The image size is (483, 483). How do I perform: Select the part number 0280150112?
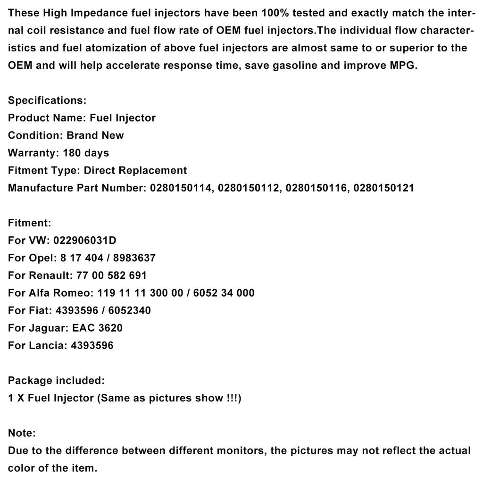248,188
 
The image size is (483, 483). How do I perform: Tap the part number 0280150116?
316,188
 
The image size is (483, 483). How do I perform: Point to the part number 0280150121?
383,188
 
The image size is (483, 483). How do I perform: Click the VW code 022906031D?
84,241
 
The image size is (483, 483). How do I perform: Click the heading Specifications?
47,100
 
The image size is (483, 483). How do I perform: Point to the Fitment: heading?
29,223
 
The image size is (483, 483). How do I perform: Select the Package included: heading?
56,380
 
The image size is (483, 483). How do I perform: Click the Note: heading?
22,433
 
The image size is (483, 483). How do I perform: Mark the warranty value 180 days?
86,153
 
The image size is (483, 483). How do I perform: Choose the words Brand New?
95,135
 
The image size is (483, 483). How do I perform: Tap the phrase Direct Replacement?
135,170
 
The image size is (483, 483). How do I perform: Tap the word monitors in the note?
240,450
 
